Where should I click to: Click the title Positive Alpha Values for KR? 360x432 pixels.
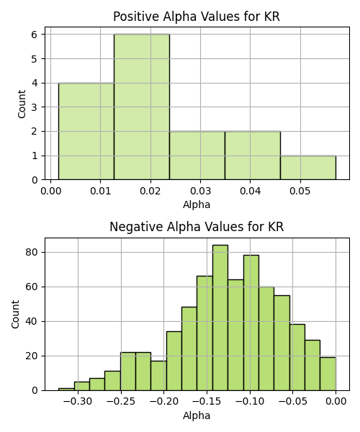pos(197,17)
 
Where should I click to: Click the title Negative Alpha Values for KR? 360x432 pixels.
pos(197,227)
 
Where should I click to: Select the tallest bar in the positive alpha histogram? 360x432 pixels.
pos(142,107)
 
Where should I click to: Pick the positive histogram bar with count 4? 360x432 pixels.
pos(86,131)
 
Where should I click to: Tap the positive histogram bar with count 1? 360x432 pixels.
pos(308,168)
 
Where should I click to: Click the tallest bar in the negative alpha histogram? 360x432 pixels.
pos(220,318)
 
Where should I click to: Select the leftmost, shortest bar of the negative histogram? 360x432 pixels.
pos(66,390)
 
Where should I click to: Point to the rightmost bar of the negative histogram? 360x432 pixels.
pos(328,374)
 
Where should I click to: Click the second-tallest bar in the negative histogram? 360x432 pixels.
pos(251,323)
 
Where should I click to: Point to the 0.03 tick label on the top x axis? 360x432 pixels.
pos(200,191)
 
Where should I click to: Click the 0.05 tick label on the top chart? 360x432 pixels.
pos(300,191)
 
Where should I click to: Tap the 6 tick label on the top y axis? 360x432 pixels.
pos(35,35)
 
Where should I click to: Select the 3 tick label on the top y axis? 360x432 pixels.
pos(35,107)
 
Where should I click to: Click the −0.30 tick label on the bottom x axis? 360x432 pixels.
pos(78,402)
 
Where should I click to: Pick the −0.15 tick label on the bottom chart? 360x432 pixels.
pos(207,402)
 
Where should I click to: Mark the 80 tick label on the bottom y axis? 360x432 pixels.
pos(32,253)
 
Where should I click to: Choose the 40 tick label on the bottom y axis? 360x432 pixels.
pos(32,322)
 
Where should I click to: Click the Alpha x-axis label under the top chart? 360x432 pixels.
pos(197,204)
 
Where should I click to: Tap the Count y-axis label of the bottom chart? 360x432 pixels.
pos(15,315)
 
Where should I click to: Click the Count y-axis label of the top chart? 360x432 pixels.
pos(22,104)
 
